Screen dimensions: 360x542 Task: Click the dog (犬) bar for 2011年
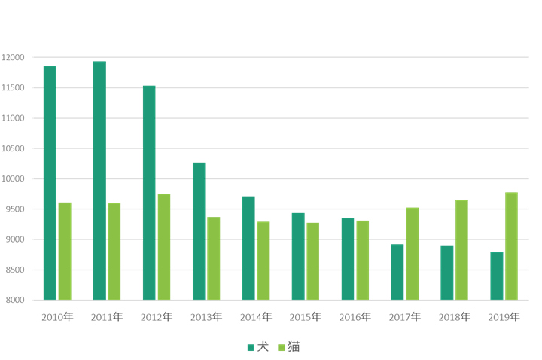[99, 181]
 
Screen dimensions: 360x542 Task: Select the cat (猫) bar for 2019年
[512, 246]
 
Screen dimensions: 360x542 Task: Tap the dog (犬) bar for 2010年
[50, 183]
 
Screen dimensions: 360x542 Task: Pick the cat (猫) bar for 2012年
[164, 247]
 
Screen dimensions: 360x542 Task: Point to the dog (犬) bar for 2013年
[199, 231]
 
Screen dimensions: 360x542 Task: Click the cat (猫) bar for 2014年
[263, 261]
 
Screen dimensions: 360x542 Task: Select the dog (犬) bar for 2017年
[397, 272]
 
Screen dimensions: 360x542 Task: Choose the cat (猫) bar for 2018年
[462, 250]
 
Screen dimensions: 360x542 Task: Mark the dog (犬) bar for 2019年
[497, 276]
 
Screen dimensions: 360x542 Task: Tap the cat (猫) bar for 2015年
[313, 261]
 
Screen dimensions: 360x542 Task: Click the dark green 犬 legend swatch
[251, 347]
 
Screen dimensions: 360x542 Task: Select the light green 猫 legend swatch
[282, 347]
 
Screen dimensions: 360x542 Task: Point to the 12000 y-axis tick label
[14, 57]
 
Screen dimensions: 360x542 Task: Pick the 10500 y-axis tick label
[14, 148]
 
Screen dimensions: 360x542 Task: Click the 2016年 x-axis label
[355, 317]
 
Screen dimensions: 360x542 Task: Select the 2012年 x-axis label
[157, 317]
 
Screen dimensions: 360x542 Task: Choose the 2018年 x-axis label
[455, 317]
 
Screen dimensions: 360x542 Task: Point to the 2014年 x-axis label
[256, 317]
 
